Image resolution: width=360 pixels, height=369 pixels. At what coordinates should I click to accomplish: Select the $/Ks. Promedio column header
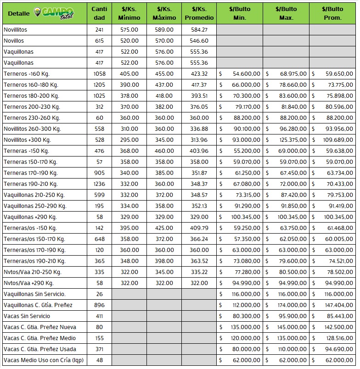tap(199, 13)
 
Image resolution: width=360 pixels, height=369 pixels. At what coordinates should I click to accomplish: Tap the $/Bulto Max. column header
tap(286, 13)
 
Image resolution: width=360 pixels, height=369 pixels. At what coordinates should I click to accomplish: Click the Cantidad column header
tap(99, 13)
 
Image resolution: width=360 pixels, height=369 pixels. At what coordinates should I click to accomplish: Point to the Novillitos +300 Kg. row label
tap(27, 140)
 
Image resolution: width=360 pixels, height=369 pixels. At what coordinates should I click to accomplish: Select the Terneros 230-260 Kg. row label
tap(32, 118)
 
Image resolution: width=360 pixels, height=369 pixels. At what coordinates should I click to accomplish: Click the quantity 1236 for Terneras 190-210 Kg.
tap(99, 184)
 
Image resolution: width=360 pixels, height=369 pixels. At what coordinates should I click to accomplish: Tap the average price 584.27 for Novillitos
tap(199, 30)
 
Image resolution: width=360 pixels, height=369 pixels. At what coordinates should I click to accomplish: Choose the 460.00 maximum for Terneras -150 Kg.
tap(164, 151)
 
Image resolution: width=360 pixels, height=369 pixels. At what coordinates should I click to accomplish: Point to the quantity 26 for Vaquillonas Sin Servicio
tap(99, 294)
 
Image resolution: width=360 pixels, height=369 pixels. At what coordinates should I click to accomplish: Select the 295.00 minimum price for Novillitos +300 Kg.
tap(129, 140)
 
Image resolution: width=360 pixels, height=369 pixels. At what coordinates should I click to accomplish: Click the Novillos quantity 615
tap(99, 41)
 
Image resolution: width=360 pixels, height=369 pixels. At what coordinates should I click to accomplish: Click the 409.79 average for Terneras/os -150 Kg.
tap(199, 228)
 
